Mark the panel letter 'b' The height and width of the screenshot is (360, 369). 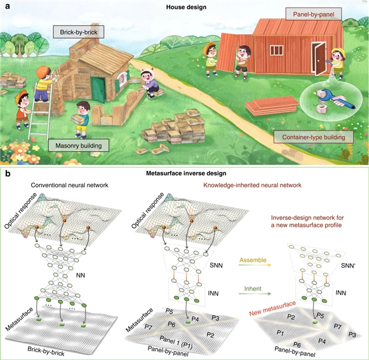click(6, 172)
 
